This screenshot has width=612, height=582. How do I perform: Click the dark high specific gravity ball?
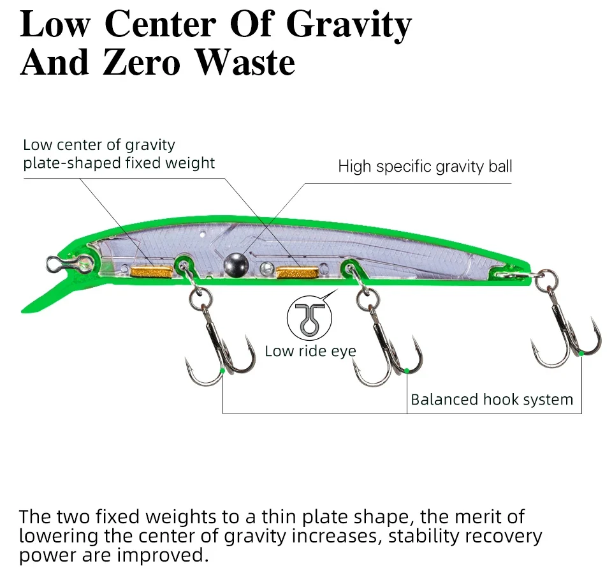coord(236,265)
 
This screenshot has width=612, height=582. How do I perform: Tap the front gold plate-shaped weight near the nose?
coord(151,272)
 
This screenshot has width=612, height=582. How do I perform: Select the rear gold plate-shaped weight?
coord(297,272)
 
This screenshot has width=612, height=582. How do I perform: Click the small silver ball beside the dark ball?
coord(267,268)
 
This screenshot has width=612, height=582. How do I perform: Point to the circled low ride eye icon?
coord(309,317)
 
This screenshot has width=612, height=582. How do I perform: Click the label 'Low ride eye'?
coord(310,351)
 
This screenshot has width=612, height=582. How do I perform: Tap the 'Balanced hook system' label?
coord(492,399)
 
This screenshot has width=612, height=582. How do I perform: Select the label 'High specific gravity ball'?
coord(425,167)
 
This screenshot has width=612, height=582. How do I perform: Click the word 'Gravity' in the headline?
coord(349,25)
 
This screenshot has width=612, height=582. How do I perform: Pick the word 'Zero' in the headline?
coord(142,63)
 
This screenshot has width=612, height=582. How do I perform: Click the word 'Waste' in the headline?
coord(245,63)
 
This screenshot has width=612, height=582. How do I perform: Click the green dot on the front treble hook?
coord(222,371)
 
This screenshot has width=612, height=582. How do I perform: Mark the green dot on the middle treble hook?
coord(407,371)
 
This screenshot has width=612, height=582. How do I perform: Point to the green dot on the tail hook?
coord(581,354)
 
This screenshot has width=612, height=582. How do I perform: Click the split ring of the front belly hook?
coord(201,300)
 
